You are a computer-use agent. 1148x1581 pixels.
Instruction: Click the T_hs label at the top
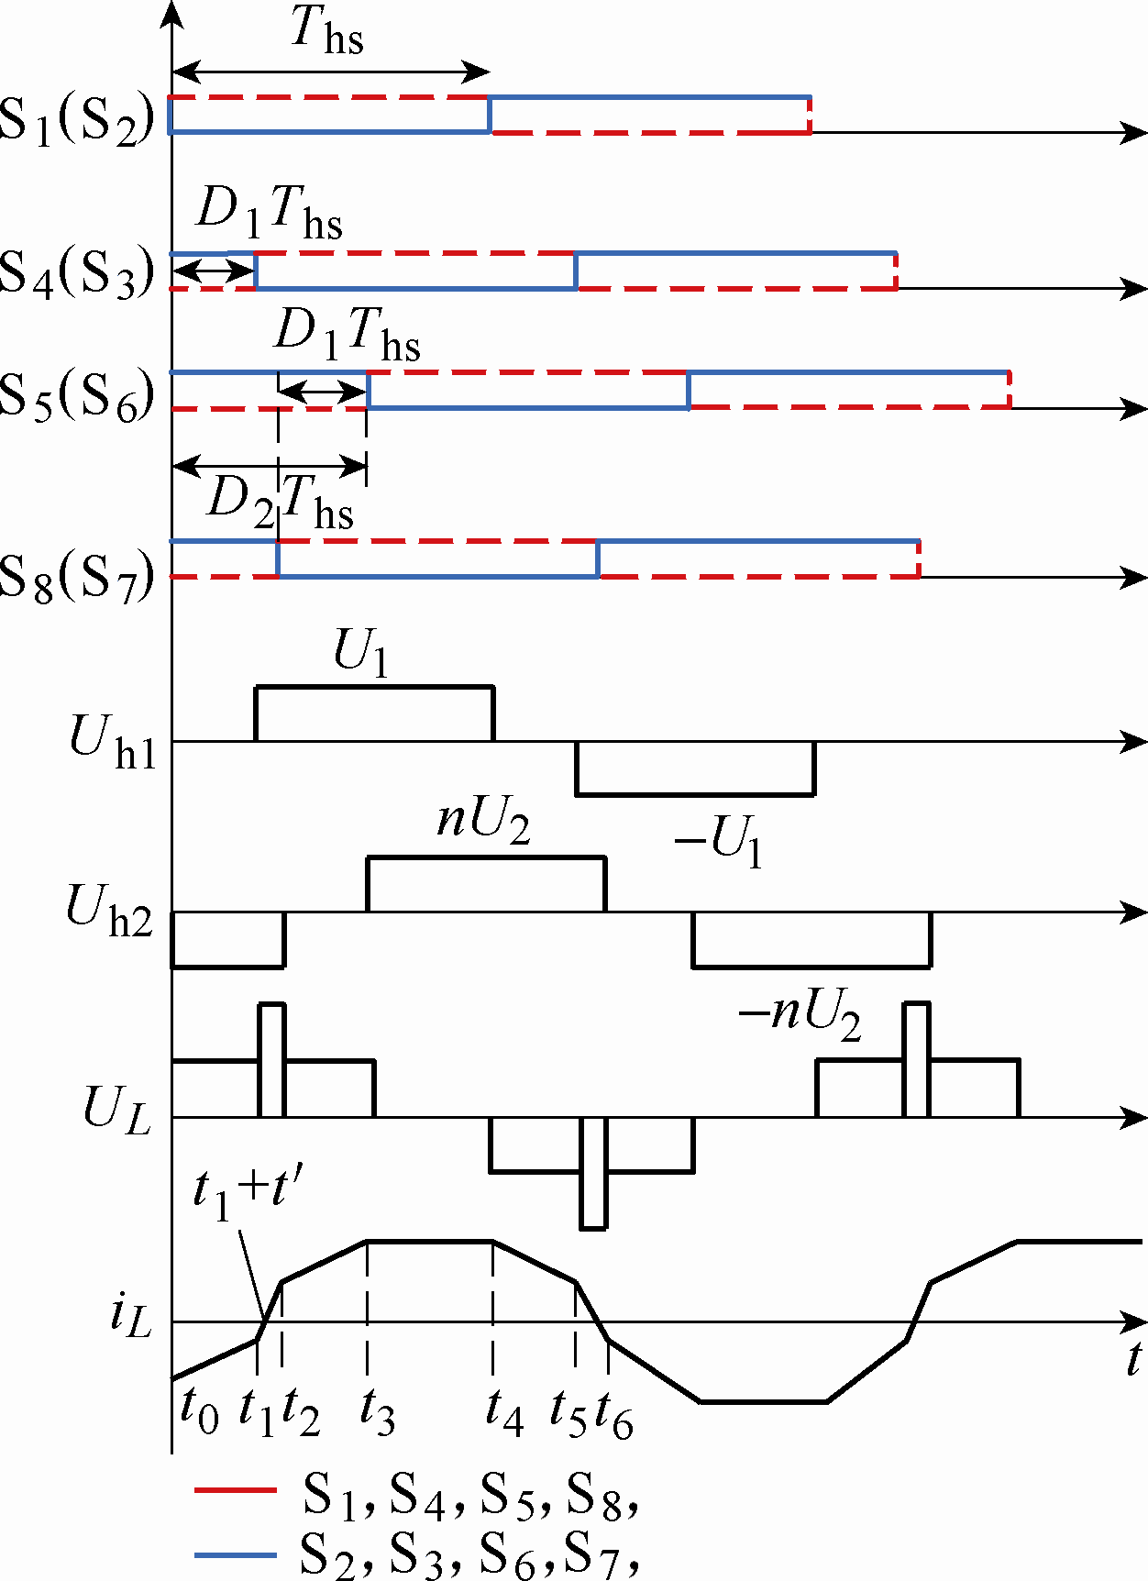(x=327, y=33)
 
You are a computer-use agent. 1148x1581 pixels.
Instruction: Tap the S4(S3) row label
(x=77, y=272)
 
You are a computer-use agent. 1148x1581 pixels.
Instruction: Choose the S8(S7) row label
(x=77, y=576)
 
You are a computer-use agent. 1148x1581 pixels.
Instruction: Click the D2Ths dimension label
(x=281, y=503)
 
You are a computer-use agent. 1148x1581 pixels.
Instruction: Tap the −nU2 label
(x=800, y=1016)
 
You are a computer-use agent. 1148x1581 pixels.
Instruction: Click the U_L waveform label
(x=117, y=1110)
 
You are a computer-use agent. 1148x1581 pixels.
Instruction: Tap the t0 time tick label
(x=200, y=1410)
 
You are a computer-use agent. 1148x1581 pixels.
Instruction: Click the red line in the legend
(x=235, y=1491)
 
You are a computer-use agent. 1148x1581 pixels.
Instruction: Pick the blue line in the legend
(x=235, y=1554)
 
